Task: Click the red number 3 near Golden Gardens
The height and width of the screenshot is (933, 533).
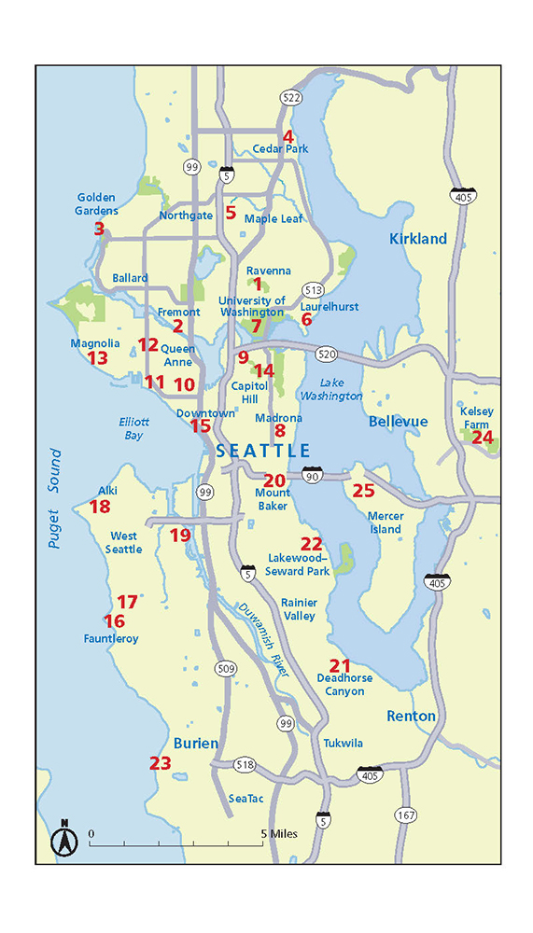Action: [99, 228]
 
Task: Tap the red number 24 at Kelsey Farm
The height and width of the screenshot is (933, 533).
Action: [483, 437]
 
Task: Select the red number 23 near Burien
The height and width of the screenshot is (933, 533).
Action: [161, 763]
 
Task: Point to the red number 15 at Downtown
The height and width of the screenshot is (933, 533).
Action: [201, 425]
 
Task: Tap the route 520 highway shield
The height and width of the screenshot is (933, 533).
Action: [326, 355]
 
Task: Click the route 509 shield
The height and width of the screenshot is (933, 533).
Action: [225, 668]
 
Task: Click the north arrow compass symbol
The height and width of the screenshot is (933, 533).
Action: [65, 840]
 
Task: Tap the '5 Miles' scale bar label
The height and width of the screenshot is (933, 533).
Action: [279, 833]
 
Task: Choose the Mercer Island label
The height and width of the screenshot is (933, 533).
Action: [384, 522]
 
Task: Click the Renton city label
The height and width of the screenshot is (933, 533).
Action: [411, 716]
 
